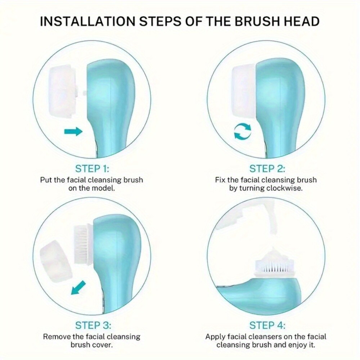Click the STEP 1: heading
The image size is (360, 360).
(x=92, y=168)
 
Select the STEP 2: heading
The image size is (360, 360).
(x=267, y=168)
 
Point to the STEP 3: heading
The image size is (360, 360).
(x=93, y=325)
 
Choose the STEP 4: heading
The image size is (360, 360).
(x=267, y=325)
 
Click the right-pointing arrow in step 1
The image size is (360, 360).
(x=73, y=132)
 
